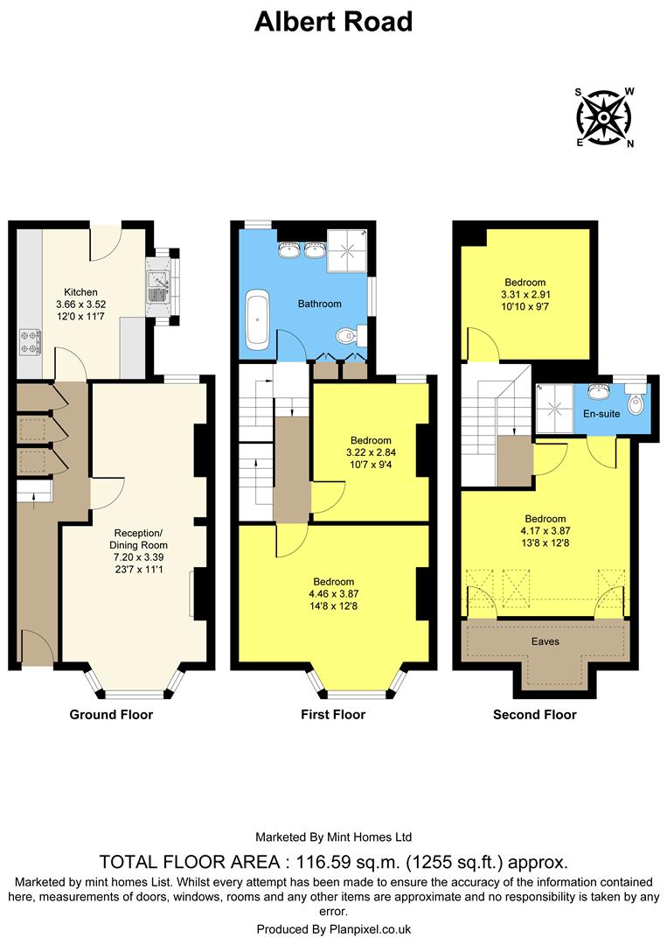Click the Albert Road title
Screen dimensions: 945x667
coord(333,22)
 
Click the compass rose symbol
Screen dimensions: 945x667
coord(604,117)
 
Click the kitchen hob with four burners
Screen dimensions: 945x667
coord(29,341)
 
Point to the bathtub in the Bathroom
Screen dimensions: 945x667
coord(257,316)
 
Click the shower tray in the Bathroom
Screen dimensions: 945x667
coord(347,251)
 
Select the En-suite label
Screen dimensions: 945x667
coord(602,413)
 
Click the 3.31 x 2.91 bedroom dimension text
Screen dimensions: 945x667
coord(525,295)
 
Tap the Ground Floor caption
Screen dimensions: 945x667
coord(111,715)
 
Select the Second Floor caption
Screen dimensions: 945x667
coord(535,715)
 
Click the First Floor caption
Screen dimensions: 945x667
coord(333,715)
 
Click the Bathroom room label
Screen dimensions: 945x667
coord(319,304)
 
